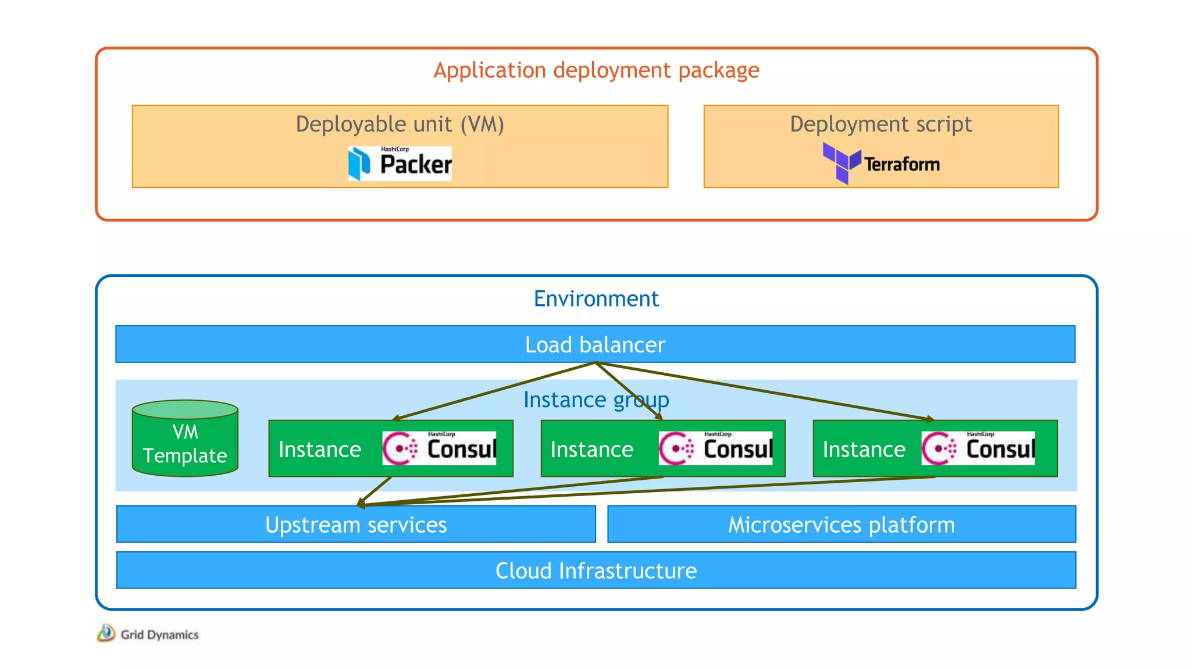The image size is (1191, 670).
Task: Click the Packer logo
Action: (400, 163)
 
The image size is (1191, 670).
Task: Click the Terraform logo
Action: (881, 163)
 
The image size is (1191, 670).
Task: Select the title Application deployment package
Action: (596, 70)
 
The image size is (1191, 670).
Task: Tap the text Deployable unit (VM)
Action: (400, 124)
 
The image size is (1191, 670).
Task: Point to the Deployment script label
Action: (880, 124)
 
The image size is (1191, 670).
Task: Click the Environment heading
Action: (596, 299)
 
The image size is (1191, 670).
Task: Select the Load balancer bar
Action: (595, 345)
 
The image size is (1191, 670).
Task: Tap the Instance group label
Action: (595, 400)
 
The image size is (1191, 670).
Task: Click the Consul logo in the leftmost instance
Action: (439, 448)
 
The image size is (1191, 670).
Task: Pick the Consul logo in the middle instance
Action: (715, 448)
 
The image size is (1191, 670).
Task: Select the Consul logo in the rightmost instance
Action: (978, 448)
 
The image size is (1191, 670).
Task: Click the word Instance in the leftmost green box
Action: (320, 450)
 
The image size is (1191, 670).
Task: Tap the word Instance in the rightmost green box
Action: (864, 450)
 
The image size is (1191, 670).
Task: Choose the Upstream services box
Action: (356, 525)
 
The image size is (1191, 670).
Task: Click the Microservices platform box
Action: (841, 525)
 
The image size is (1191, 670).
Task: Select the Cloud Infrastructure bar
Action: (596, 571)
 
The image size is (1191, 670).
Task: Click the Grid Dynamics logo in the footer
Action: (148, 634)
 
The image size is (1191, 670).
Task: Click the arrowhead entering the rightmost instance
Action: (930, 418)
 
